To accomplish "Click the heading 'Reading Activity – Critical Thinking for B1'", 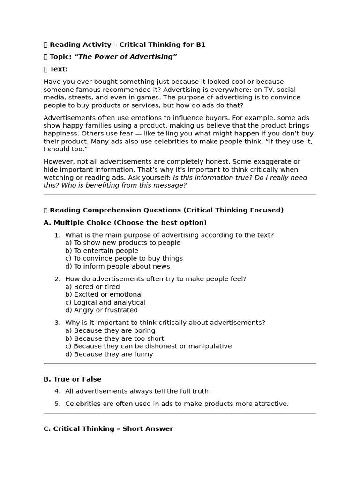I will point(127,45).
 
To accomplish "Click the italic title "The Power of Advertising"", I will point(126,57).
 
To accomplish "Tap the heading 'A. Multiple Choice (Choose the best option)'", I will point(125,222).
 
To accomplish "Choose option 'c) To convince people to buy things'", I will point(124,258).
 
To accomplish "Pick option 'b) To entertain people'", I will point(102,251).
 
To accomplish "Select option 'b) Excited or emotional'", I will point(104,294).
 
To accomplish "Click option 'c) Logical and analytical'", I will point(105,302).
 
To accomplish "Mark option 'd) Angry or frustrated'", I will point(101,310).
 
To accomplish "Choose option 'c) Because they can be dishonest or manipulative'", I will point(148,346).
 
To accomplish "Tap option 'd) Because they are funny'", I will point(109,354).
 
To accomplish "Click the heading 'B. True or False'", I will point(73,379).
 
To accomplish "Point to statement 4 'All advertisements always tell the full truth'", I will point(138,391).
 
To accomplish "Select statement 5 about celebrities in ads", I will point(177,404).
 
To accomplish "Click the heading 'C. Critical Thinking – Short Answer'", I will point(108,428).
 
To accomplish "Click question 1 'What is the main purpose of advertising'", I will point(169,235).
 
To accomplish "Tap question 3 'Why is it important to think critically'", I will point(165,322).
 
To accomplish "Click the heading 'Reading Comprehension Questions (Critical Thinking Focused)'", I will point(166,210).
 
